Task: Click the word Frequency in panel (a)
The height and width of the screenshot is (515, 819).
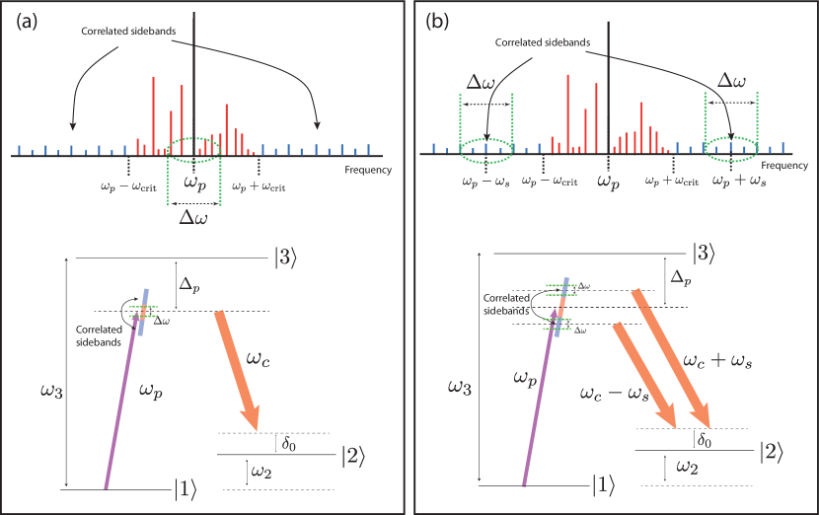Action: [x=368, y=170]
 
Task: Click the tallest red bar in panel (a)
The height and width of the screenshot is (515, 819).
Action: [x=154, y=114]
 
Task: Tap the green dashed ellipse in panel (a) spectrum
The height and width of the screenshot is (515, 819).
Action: [x=193, y=149]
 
